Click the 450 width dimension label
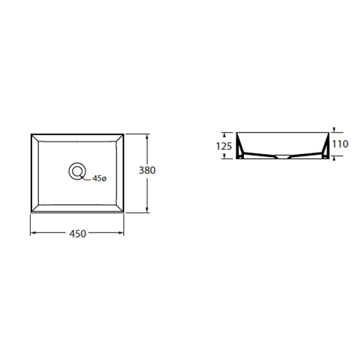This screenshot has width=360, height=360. [x=78, y=233]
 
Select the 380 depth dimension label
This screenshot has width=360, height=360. [x=147, y=170]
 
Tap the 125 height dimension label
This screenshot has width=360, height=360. [x=224, y=146]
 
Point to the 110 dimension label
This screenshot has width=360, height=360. [x=340, y=144]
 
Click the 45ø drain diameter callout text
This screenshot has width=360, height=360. [x=100, y=178]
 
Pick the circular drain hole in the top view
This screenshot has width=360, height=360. [x=77, y=171]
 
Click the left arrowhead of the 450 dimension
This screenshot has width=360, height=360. [x=33, y=233]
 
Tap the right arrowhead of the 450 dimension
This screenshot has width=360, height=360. [x=121, y=233]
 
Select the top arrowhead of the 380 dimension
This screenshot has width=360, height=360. [x=147, y=137]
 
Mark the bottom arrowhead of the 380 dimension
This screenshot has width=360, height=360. [x=147, y=210]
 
